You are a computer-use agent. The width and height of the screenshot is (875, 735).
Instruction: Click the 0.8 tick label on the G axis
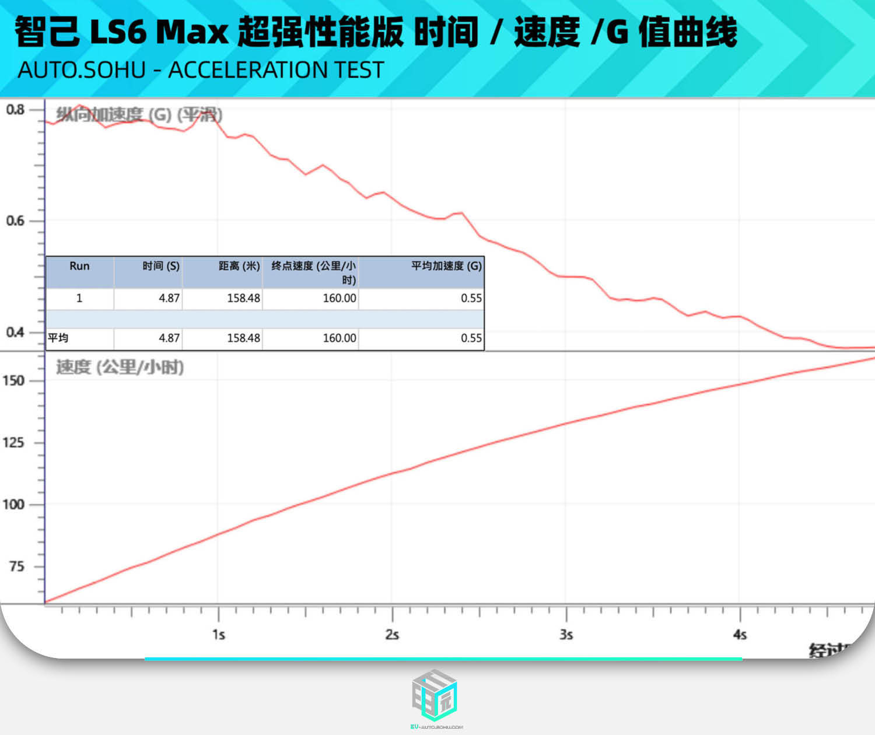pos(15,110)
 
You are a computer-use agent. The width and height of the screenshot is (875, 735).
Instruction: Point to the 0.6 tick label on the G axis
pos(15,220)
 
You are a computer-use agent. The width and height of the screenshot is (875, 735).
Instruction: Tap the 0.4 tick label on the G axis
pos(15,332)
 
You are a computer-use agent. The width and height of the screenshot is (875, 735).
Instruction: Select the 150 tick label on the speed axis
pos(13,381)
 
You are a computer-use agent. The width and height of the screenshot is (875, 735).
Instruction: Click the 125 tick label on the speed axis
pos(13,443)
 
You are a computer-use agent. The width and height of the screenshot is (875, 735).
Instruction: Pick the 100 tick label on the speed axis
pos(13,505)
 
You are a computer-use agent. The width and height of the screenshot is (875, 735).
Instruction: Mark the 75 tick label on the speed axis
pos(16,566)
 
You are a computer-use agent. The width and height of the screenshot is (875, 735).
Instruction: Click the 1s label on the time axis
pos(219,635)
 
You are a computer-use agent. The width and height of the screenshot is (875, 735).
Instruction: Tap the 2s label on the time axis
pos(392,635)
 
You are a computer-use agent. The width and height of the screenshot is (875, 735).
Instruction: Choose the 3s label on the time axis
pos(566,635)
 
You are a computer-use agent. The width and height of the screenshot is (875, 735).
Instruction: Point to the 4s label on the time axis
pos(740,635)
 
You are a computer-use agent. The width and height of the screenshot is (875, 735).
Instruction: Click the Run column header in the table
pos(79,266)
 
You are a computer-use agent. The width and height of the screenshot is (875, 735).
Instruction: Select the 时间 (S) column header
pos(161,266)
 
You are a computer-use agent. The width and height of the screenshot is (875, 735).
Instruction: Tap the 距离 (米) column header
pos(239,266)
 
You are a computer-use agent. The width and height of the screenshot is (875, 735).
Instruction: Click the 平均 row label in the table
pos(58,338)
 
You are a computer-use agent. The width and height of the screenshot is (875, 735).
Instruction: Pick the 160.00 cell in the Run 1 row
pos(339,298)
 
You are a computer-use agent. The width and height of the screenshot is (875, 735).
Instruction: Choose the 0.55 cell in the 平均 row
pos(471,338)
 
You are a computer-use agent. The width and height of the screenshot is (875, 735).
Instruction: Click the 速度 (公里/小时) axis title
pos(120,367)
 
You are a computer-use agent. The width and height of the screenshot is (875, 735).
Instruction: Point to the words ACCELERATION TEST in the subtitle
pos(276,70)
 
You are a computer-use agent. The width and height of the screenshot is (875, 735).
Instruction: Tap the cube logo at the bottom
pos(435,695)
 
